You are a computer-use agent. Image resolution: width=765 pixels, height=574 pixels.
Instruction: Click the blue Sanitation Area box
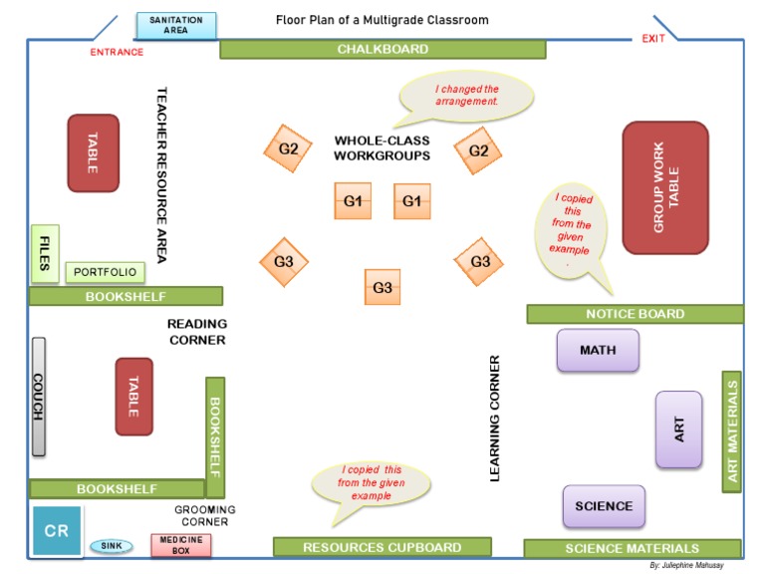pyautogui.click(x=175, y=26)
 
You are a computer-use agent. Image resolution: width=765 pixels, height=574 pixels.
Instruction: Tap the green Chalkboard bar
pyautogui.click(x=382, y=49)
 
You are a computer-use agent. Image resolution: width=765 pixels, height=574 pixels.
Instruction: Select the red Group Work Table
pyautogui.click(x=664, y=187)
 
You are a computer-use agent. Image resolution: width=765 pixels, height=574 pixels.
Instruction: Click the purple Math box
pyautogui.click(x=598, y=350)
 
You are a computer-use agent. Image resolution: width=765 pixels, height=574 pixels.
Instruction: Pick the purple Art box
pyautogui.click(x=678, y=430)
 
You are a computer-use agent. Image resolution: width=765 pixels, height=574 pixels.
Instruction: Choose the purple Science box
pyautogui.click(x=604, y=506)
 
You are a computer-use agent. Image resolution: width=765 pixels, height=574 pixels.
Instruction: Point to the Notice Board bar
pyautogui.click(x=635, y=314)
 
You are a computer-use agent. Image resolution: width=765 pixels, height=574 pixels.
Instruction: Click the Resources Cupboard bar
pyautogui.click(x=382, y=547)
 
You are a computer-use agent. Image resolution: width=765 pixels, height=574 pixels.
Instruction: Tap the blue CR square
pyautogui.click(x=57, y=530)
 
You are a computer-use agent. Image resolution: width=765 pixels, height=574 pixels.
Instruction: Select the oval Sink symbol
pyautogui.click(x=111, y=546)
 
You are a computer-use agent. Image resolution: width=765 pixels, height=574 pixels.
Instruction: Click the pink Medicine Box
pyautogui.click(x=180, y=545)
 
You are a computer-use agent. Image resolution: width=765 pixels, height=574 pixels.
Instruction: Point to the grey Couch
pyautogui.click(x=38, y=397)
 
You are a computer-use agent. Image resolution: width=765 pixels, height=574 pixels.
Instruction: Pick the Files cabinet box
pyautogui.click(x=44, y=253)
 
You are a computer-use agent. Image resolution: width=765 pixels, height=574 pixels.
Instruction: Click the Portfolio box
pyautogui.click(x=105, y=272)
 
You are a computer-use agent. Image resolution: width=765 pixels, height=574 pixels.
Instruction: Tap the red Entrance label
pyautogui.click(x=117, y=53)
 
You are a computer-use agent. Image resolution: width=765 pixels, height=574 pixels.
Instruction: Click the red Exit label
pyautogui.click(x=653, y=39)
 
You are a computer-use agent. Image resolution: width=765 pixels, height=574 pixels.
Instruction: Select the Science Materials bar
pyautogui.click(x=632, y=548)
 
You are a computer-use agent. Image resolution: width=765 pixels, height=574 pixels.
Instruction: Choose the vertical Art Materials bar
pyautogui.click(x=731, y=431)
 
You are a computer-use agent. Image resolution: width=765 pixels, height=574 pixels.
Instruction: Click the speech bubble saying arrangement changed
pyautogui.click(x=466, y=96)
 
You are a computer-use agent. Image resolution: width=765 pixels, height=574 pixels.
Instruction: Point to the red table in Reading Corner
pyautogui.click(x=134, y=396)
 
